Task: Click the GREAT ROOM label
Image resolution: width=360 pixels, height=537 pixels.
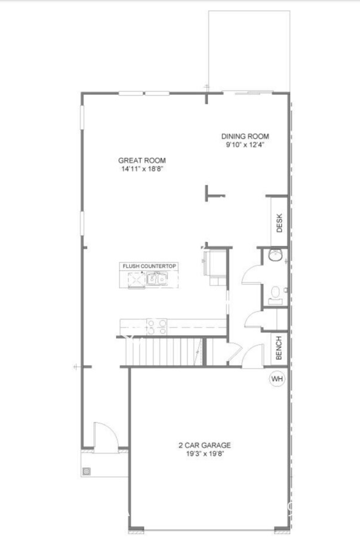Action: point(141,160)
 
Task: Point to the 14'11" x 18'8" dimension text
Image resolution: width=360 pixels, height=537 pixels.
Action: point(141,169)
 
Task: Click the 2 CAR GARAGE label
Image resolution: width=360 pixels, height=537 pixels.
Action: point(205,445)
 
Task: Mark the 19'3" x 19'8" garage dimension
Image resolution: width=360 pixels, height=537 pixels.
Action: point(205,454)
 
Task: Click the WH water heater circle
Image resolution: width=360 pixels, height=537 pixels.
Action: point(277,378)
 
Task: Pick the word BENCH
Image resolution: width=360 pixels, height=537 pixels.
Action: point(279,348)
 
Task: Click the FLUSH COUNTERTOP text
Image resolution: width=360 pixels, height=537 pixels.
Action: point(149,266)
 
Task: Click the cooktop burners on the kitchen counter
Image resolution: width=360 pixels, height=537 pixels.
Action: point(156,326)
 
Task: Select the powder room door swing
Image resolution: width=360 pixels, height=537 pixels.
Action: point(251,276)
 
